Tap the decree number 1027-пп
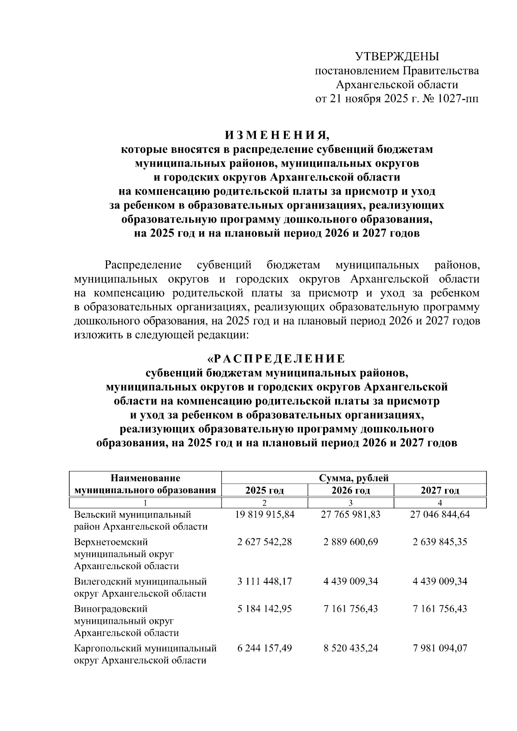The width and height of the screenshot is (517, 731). (x=458, y=99)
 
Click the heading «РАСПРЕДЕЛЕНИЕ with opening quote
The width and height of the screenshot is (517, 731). (x=276, y=358)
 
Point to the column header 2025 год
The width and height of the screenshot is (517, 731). (x=265, y=490)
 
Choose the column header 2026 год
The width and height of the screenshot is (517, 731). (x=351, y=490)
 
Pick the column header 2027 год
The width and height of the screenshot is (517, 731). (x=440, y=490)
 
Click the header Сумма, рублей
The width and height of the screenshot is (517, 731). (x=354, y=478)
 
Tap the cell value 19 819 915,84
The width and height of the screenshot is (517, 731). (x=265, y=514)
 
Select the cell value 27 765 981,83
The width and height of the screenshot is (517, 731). (x=351, y=514)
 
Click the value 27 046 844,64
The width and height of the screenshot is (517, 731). (x=440, y=514)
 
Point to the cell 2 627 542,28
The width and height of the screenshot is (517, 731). (x=265, y=542)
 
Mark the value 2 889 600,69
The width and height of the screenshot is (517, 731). (x=351, y=542)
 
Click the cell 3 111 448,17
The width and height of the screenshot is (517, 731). (x=265, y=582)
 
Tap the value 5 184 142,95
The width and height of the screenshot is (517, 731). (x=265, y=609)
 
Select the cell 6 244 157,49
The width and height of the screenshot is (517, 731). (x=265, y=648)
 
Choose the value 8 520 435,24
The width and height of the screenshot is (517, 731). (x=351, y=648)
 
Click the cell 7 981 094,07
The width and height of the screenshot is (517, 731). (x=440, y=648)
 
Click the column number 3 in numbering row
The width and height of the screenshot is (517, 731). (x=351, y=503)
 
